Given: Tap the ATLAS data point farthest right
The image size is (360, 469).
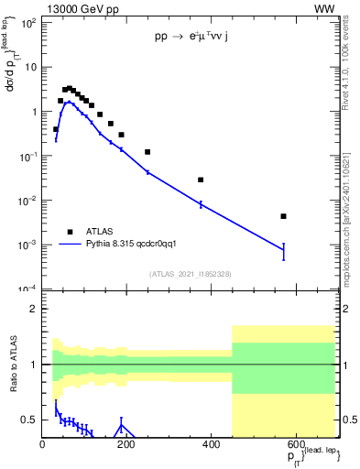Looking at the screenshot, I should (284, 216).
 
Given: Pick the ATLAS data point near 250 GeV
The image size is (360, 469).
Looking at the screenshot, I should (147, 152).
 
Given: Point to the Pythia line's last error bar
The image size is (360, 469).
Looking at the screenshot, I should (284, 251).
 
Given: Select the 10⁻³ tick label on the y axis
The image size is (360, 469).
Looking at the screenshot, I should (27, 245).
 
